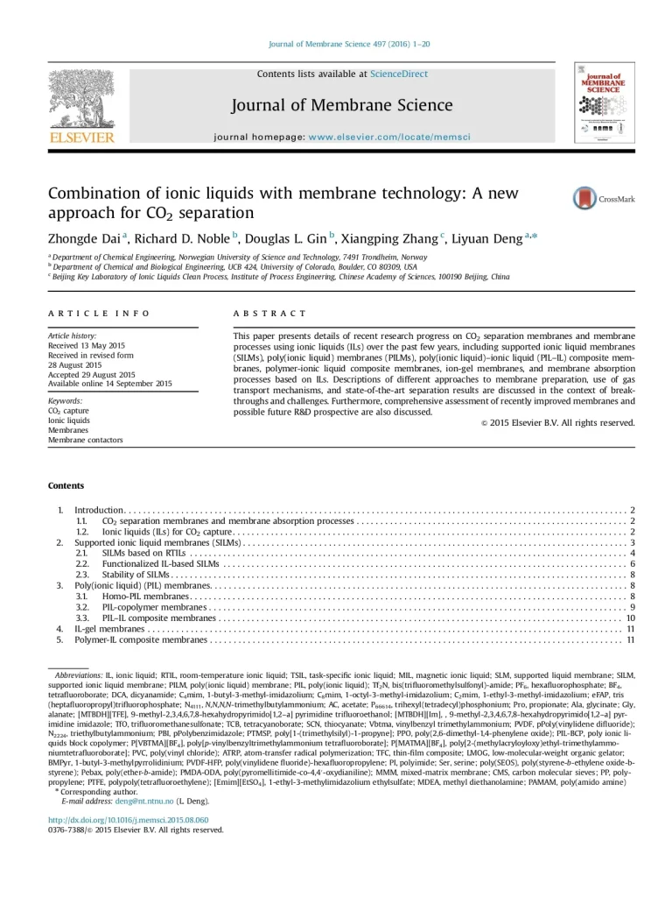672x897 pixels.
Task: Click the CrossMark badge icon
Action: pyautogui.click(x=584, y=199)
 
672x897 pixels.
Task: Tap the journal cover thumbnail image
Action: pyautogui.click(x=604, y=103)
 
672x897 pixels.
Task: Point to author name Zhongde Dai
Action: pyautogui.click(x=84, y=237)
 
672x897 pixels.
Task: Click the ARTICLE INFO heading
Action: pyautogui.click(x=98, y=313)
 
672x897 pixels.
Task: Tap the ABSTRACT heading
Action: pyautogui.click(x=269, y=313)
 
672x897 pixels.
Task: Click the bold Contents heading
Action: pyautogui.click(x=66, y=485)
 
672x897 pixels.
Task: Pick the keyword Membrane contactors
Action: pyautogui.click(x=85, y=440)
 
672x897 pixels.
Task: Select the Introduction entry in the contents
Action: pyautogui.click(x=100, y=510)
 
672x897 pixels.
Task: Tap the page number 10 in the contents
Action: pyautogui.click(x=630, y=618)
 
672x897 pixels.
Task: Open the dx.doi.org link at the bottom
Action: pyautogui.click(x=128, y=819)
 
